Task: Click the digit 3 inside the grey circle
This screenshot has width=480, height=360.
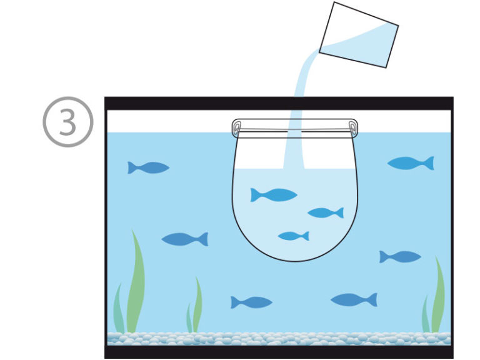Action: [67, 122]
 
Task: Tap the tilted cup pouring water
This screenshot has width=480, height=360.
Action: [359, 34]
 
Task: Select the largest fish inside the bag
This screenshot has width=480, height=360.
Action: [273, 195]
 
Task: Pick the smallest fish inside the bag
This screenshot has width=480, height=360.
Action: [294, 236]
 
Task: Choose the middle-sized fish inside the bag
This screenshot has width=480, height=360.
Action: [326, 212]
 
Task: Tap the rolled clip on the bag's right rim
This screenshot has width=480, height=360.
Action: [353, 127]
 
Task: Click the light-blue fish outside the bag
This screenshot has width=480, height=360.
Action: [411, 163]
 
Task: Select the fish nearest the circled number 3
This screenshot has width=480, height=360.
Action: [149, 167]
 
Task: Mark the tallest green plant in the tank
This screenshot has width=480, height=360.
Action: [135, 282]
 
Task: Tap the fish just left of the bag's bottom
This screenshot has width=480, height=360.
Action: [185, 239]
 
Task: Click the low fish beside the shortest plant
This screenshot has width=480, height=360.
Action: [251, 302]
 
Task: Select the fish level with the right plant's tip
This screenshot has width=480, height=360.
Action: [400, 257]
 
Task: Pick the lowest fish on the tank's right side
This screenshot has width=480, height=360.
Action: [354, 300]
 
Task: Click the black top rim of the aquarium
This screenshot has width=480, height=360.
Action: [279, 103]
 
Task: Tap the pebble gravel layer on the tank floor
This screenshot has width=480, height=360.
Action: [279, 339]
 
